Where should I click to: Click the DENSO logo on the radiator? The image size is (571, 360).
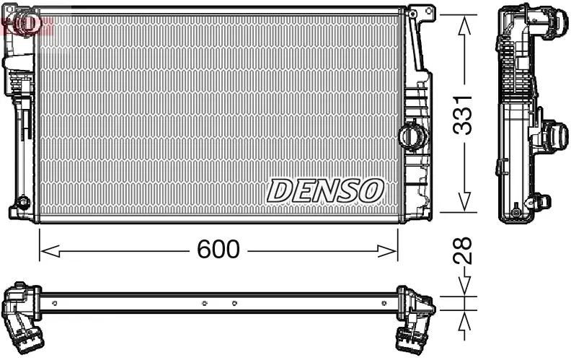click(x=325, y=190)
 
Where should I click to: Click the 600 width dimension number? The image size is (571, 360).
click(x=218, y=250)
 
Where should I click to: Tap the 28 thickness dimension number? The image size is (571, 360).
click(x=465, y=250)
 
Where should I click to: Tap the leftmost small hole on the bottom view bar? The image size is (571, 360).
click(x=56, y=303)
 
